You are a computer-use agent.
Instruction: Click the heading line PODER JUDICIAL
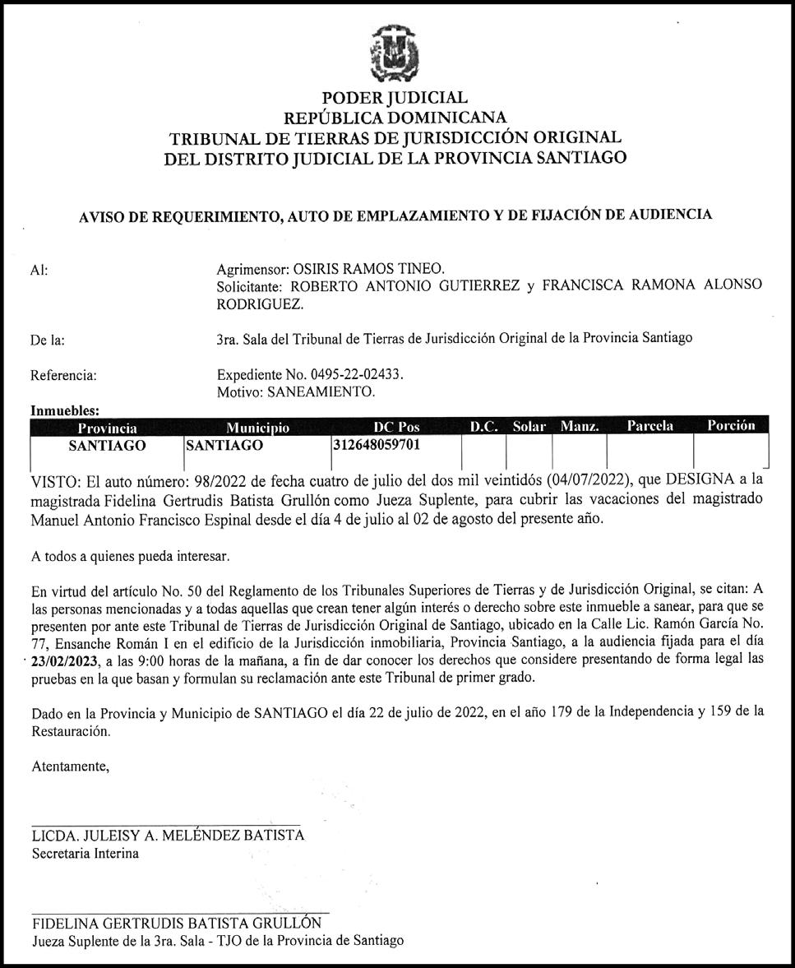(x=395, y=99)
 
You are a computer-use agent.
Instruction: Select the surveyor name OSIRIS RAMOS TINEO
(x=379, y=270)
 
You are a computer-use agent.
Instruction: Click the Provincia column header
(x=107, y=427)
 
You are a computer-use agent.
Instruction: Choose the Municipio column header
(x=257, y=427)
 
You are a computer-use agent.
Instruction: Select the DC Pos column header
(x=396, y=427)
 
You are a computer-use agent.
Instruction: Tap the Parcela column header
(x=649, y=426)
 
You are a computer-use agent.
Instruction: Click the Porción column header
(x=730, y=426)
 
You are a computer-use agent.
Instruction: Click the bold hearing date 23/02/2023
(x=67, y=660)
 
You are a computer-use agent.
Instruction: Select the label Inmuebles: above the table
(x=65, y=410)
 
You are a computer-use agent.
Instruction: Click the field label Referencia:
(x=63, y=376)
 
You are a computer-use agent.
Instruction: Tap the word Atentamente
(x=70, y=767)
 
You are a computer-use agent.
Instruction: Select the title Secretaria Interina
(x=85, y=854)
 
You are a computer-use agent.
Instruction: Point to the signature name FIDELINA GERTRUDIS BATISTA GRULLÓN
(x=176, y=923)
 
